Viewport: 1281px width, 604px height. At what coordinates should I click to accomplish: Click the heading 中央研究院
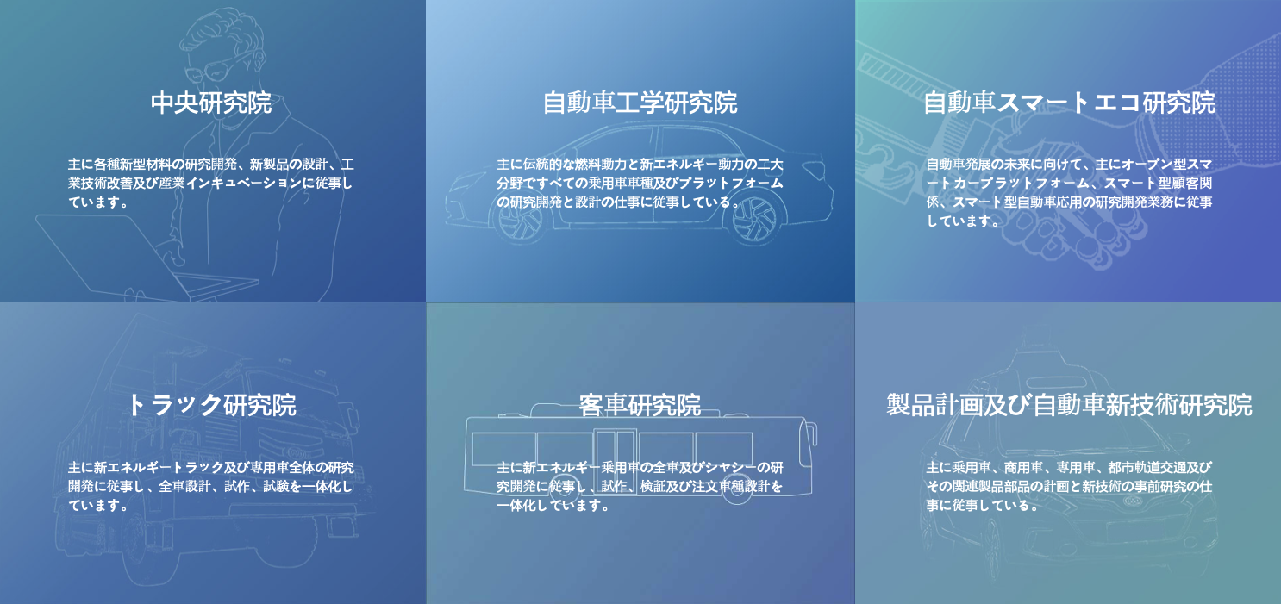click(211, 103)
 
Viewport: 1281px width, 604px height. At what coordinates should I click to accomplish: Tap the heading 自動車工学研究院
click(640, 103)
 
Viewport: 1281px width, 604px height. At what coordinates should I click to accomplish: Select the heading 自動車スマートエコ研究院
click(1070, 103)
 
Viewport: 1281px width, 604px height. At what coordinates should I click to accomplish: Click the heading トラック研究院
click(211, 405)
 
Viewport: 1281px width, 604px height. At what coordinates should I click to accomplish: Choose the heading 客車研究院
click(640, 405)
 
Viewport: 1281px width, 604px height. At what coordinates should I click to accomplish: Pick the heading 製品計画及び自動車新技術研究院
click(1070, 405)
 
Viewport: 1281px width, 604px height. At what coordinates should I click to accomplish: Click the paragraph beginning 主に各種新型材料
click(211, 183)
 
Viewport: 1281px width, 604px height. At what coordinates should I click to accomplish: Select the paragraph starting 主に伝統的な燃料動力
click(640, 183)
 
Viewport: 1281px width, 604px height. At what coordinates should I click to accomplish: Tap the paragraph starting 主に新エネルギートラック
click(211, 486)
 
